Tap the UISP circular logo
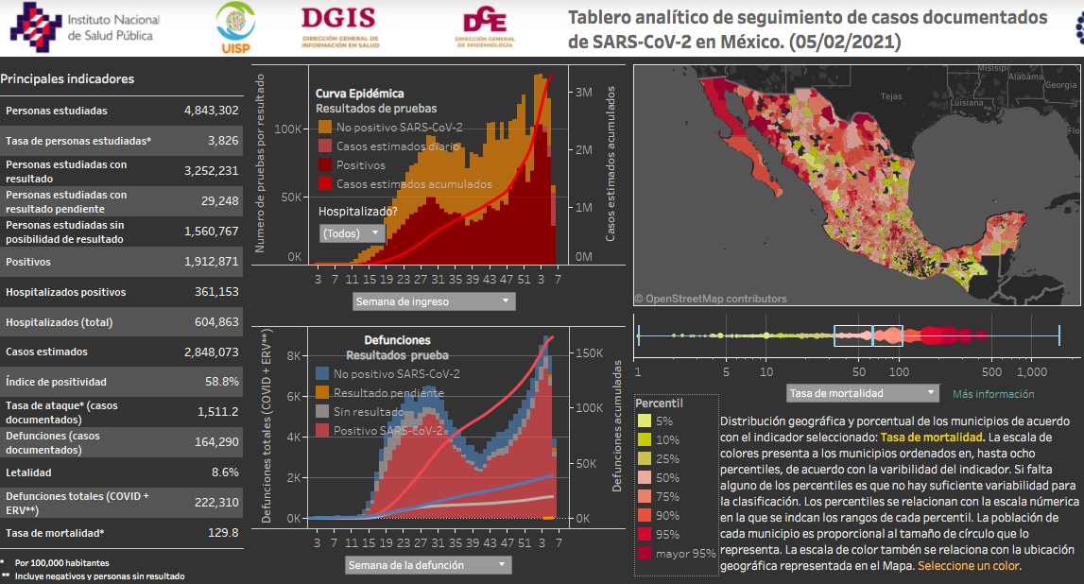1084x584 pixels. (x=234, y=27)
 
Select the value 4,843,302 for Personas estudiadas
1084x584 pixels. (x=211, y=111)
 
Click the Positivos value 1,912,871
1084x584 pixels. (x=211, y=262)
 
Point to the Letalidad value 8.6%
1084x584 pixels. (x=225, y=472)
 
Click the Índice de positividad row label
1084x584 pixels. (x=56, y=382)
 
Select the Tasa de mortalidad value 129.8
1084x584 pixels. (x=223, y=532)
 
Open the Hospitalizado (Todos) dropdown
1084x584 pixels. (x=352, y=233)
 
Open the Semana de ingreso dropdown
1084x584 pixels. (x=434, y=301)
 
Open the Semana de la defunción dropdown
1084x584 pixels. (x=428, y=565)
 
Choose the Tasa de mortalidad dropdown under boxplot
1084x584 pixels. (x=863, y=393)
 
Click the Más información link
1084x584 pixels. (x=992, y=394)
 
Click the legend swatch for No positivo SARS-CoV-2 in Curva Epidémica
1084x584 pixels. (x=325, y=128)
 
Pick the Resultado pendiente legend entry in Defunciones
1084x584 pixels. (x=323, y=393)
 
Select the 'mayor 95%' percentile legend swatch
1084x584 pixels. (x=644, y=554)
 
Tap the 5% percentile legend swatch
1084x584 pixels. (x=644, y=421)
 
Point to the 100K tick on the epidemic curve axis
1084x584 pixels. (x=288, y=129)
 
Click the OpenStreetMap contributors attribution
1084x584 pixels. (x=710, y=299)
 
